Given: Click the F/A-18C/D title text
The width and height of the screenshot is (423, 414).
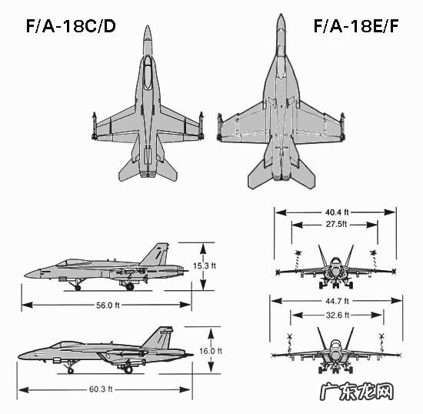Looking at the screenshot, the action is [71, 26].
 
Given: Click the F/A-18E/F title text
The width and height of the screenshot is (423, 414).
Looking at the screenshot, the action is [356, 26].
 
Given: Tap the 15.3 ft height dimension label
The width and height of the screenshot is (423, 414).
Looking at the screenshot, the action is [205, 265].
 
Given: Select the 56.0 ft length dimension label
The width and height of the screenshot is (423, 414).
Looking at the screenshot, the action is [108, 305].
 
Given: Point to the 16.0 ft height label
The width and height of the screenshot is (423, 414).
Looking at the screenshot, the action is [211, 351].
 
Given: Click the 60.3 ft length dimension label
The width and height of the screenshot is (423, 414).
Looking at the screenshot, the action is [101, 389].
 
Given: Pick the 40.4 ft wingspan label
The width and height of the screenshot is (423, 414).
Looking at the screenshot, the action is [337, 212].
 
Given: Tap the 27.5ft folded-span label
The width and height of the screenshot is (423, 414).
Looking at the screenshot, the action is [336, 224].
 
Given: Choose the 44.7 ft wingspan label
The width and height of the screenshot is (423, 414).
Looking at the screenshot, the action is [337, 301].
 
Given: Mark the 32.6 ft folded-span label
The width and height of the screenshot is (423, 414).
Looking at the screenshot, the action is [338, 315].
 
